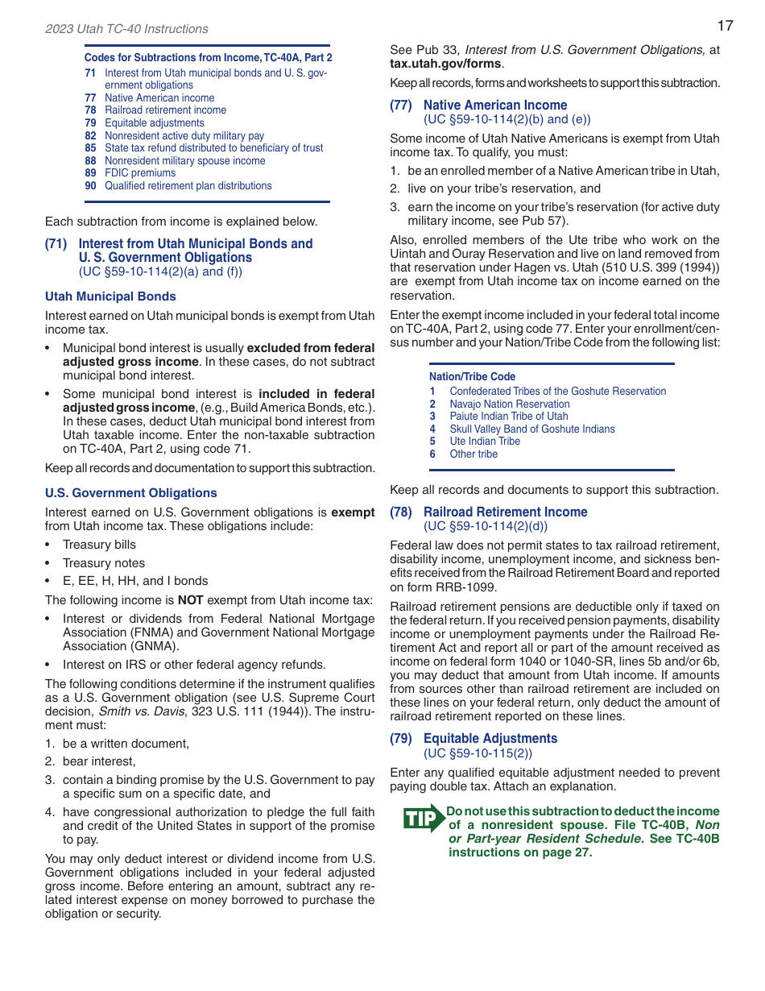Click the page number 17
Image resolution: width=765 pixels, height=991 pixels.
coord(725,26)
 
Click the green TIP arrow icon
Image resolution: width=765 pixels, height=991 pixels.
coord(424,818)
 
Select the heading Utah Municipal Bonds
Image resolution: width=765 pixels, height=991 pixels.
coord(110,296)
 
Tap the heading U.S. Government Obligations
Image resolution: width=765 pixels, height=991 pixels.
coord(130,493)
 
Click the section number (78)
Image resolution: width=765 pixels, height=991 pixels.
coord(401,512)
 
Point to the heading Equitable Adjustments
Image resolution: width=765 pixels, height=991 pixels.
coord(490,738)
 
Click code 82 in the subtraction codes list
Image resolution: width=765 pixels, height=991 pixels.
coord(90,136)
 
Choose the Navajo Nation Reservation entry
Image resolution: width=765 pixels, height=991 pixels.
coord(509,404)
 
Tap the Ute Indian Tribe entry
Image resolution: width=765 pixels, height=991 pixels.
coord(485,442)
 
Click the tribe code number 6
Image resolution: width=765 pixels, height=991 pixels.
coord(432,454)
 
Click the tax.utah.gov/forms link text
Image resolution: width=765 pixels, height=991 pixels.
coord(445,64)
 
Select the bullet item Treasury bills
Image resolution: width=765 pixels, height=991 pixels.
coord(99,545)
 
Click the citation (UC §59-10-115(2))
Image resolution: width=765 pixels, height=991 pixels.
coord(478,753)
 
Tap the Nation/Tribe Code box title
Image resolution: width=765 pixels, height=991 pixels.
coord(472,377)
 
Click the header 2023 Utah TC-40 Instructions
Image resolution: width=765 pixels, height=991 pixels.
coord(126,29)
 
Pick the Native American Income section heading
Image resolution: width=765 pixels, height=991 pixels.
coord(494,105)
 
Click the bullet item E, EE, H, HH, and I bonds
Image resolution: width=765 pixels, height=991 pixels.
coord(135,581)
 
